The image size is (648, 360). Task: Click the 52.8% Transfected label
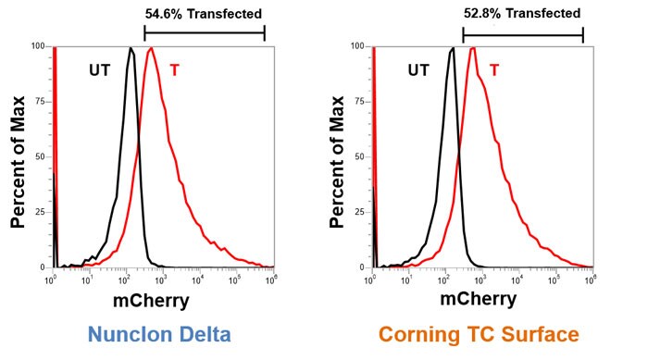pos(522,14)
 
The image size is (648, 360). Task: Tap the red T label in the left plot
pos(177,69)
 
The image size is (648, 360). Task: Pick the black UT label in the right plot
pos(418,69)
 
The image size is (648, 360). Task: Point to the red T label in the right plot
pos(494,69)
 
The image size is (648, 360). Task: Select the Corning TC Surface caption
pos(480,334)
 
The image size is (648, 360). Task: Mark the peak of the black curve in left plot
pos(131,48)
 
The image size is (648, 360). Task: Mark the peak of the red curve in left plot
pos(150,48)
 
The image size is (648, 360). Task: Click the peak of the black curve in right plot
pos(451,49)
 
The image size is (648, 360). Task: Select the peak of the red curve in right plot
pos(472,48)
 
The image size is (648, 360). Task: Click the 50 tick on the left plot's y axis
pos(40,156)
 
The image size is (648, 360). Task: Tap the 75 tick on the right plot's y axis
pos(359,101)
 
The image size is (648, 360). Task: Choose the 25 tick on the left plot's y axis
pos(40,212)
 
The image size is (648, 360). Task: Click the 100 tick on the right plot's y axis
pos(357,45)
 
